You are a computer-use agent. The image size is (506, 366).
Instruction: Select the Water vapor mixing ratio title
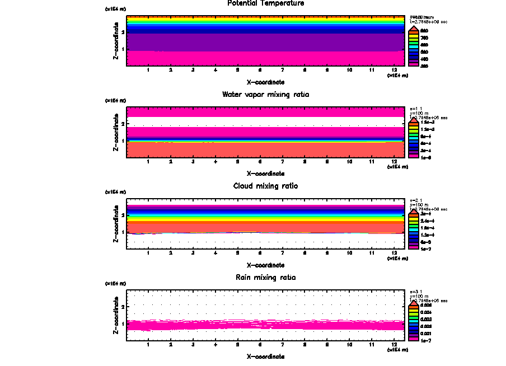pos(266,95)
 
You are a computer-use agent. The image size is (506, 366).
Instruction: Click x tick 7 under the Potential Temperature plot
pos(282,70)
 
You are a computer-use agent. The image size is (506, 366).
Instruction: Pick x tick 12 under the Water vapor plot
pos(395,162)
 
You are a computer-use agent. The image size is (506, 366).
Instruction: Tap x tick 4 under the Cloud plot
pos(215,253)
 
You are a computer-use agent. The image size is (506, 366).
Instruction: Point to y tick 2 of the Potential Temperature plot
pos(123,32)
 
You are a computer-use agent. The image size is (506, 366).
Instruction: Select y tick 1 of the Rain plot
pos(123,323)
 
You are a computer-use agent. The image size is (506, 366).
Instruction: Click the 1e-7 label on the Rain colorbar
pos(426,340)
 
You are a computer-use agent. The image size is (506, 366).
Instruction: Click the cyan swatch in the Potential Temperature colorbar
pos(414,44)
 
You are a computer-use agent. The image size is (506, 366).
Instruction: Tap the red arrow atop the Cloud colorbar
pos(414,213)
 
